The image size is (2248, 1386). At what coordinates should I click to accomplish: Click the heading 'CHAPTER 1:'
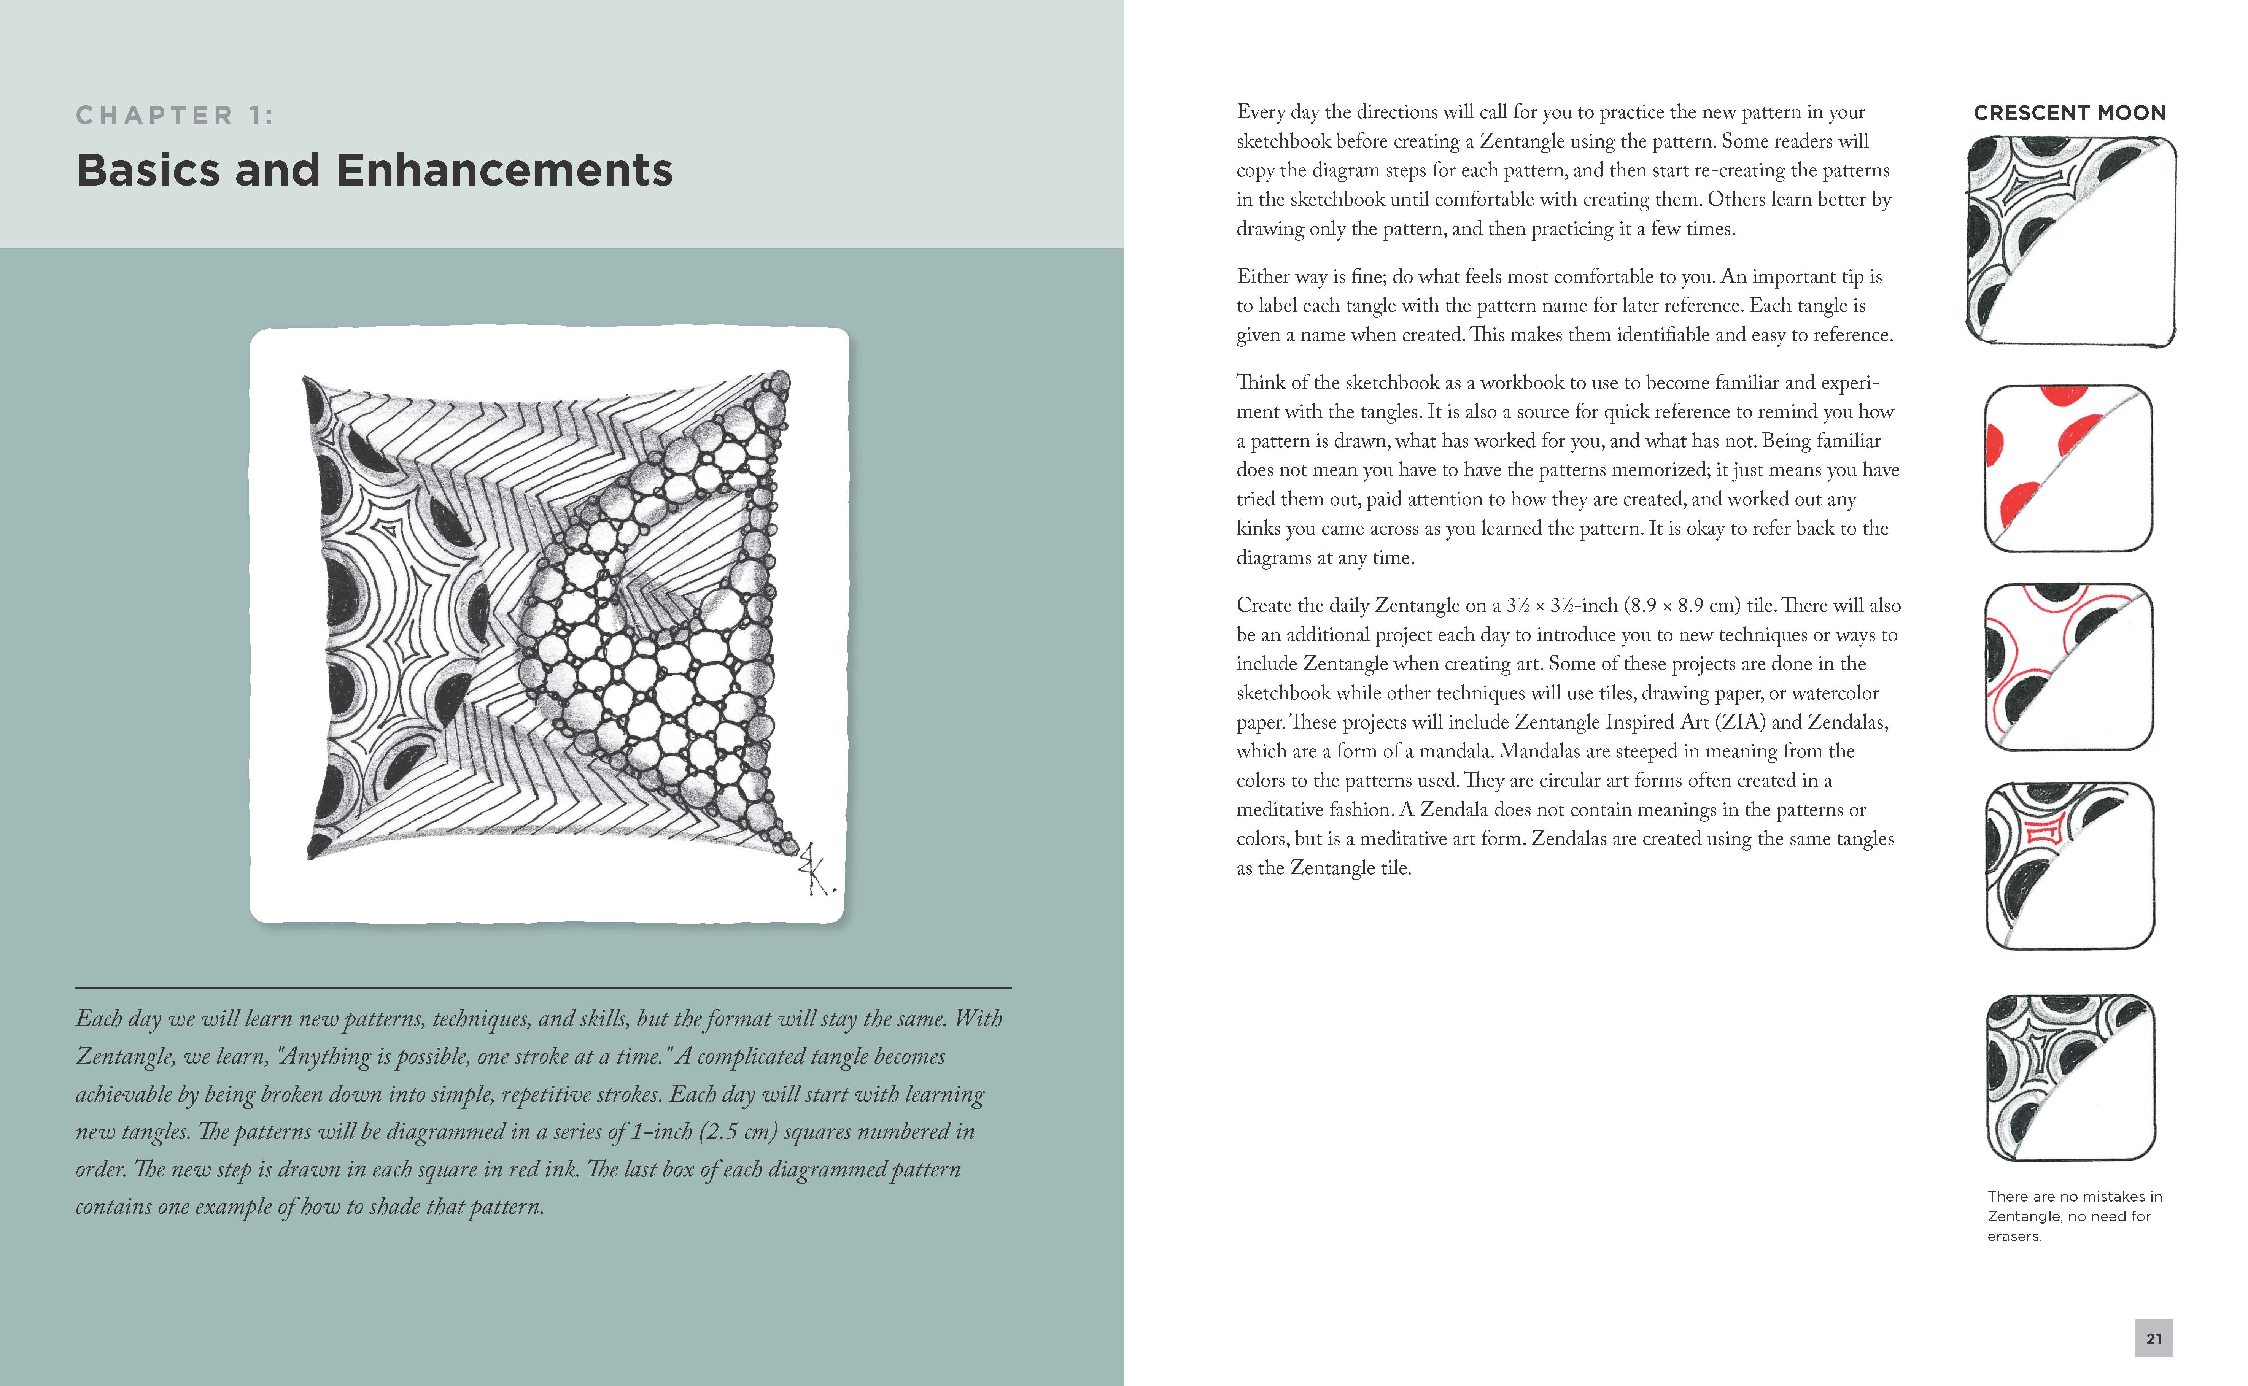click(x=174, y=116)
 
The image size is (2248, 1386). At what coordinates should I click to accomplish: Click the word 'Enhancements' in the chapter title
click(x=504, y=170)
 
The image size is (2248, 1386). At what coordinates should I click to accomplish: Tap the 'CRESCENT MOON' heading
click(x=2069, y=113)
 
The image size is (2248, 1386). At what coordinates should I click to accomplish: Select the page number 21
click(x=2154, y=1338)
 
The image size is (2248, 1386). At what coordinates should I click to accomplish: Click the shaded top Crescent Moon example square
click(x=2070, y=241)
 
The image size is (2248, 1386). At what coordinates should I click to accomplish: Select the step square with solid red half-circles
click(x=2068, y=468)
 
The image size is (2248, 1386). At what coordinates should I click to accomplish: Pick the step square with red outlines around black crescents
click(x=2068, y=667)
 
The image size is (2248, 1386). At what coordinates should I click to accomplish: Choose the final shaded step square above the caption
click(x=2070, y=1078)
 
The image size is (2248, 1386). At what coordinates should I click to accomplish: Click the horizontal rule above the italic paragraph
click(x=543, y=987)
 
